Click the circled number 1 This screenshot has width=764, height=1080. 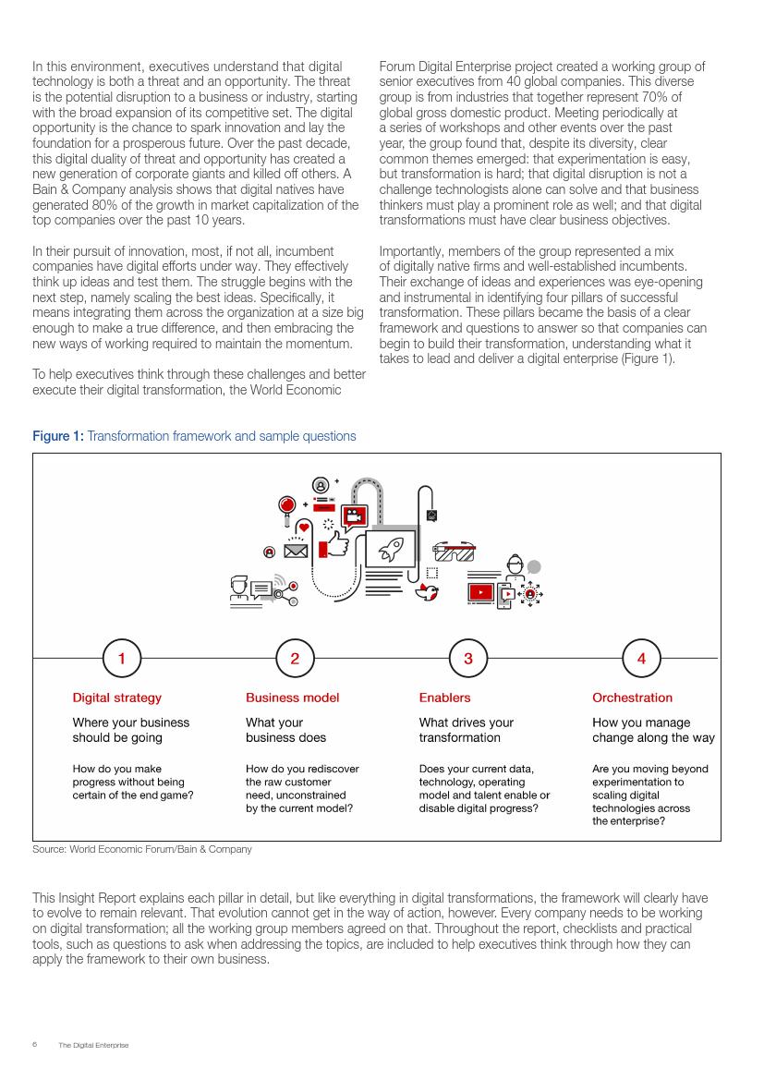122,658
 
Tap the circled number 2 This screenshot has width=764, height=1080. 295,658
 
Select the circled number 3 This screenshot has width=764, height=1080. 468,658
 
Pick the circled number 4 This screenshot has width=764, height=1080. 641,658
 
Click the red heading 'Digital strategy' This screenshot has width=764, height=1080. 117,698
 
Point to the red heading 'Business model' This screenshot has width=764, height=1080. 292,698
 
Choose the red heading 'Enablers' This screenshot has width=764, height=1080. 444,698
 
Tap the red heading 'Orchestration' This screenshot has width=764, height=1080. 632,698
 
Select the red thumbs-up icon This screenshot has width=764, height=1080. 333,547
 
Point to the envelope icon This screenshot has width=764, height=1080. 296,552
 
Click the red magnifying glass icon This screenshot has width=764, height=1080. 287,505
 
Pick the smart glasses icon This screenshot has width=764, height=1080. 454,552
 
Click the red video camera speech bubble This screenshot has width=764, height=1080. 354,516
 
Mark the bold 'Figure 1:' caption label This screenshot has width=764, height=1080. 58,436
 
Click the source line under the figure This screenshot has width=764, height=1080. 141,849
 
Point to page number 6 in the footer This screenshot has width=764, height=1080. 34,1045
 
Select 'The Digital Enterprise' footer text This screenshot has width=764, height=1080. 93,1045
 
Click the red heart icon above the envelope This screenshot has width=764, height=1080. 304,528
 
